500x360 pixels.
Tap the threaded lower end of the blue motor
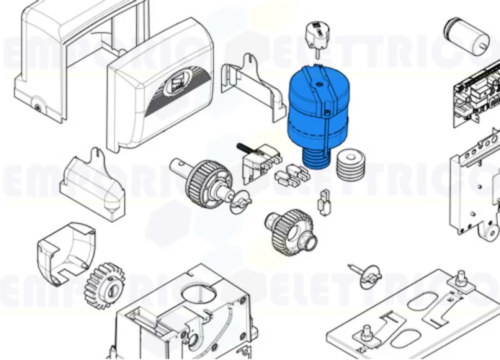(314, 157)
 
